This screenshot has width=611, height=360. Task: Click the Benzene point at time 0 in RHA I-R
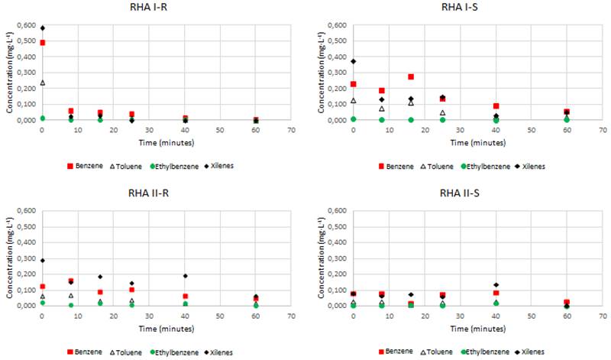click(x=43, y=43)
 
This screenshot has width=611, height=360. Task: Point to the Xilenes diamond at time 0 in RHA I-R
click(x=43, y=28)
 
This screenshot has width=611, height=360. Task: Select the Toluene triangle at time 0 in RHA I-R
click(x=43, y=83)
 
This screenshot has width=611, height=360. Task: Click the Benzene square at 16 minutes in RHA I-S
click(x=411, y=76)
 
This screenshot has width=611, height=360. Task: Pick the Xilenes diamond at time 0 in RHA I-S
click(x=354, y=61)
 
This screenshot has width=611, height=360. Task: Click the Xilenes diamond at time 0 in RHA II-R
click(x=43, y=261)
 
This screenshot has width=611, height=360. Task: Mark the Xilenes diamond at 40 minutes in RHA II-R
click(x=186, y=276)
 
